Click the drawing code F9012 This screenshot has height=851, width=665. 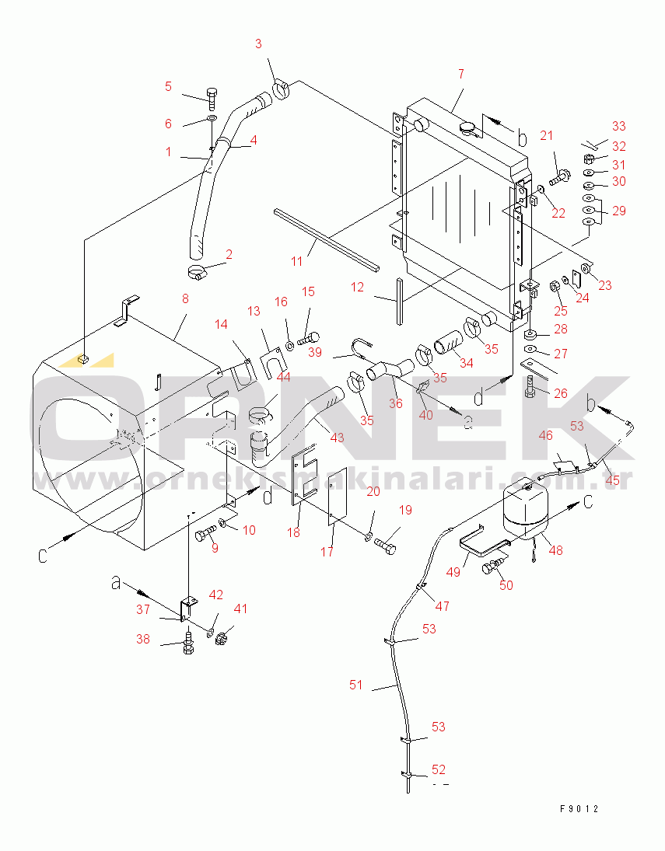click(x=579, y=808)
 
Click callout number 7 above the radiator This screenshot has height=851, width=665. click(x=460, y=74)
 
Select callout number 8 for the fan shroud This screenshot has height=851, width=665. click(x=185, y=298)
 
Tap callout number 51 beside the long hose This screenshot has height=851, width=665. click(x=356, y=685)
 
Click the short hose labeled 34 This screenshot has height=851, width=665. click(x=447, y=342)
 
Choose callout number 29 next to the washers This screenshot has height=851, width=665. click(x=618, y=211)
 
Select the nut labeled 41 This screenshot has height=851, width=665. click(x=220, y=639)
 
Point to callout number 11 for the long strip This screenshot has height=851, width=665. click(x=297, y=261)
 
